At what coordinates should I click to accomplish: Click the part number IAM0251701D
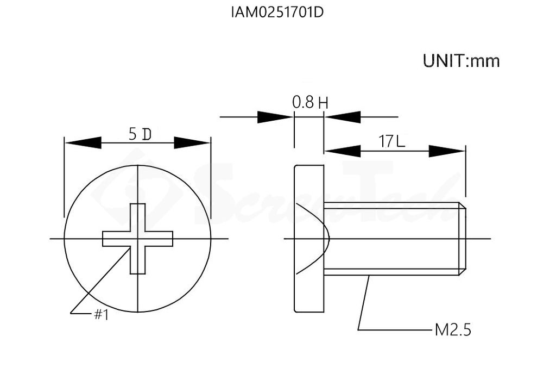[277, 13]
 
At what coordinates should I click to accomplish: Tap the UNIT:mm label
[462, 61]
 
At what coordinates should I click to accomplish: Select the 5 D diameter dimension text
[140, 134]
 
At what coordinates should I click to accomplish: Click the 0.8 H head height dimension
[310, 102]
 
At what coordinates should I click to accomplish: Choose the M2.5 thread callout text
[453, 330]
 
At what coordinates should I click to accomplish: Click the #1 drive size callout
[101, 314]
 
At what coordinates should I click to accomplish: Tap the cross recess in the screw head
[137, 239]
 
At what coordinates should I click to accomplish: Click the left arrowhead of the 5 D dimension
[83, 143]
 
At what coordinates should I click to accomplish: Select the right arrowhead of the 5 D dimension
[192, 143]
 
